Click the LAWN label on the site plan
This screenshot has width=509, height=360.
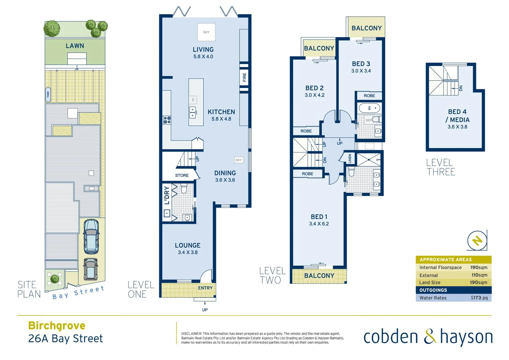[75, 46]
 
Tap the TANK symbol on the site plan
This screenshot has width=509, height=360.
[48, 94]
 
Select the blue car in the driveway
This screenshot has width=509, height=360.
[91, 236]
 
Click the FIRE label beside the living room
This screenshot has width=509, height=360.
[245, 77]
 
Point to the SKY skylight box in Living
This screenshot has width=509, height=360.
[206, 32]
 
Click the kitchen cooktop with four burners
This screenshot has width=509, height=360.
[167, 120]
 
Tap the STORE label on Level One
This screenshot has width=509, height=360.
[182, 175]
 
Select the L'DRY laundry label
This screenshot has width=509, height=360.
[167, 195]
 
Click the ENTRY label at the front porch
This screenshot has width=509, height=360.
[205, 288]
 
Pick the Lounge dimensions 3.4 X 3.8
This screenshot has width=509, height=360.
[188, 253]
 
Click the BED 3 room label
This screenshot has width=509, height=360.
[361, 64]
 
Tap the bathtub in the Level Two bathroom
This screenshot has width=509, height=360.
[369, 108]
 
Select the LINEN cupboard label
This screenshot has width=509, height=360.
[350, 158]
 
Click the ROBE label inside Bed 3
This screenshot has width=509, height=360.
[369, 96]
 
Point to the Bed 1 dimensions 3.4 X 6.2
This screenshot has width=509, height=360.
[319, 224]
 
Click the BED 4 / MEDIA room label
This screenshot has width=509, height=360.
[457, 116]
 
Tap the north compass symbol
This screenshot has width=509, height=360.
[477, 240]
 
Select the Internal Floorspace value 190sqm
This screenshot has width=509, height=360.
[479, 268]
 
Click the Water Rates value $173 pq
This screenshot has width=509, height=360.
[479, 298]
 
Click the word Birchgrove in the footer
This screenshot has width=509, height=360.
[57, 325]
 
